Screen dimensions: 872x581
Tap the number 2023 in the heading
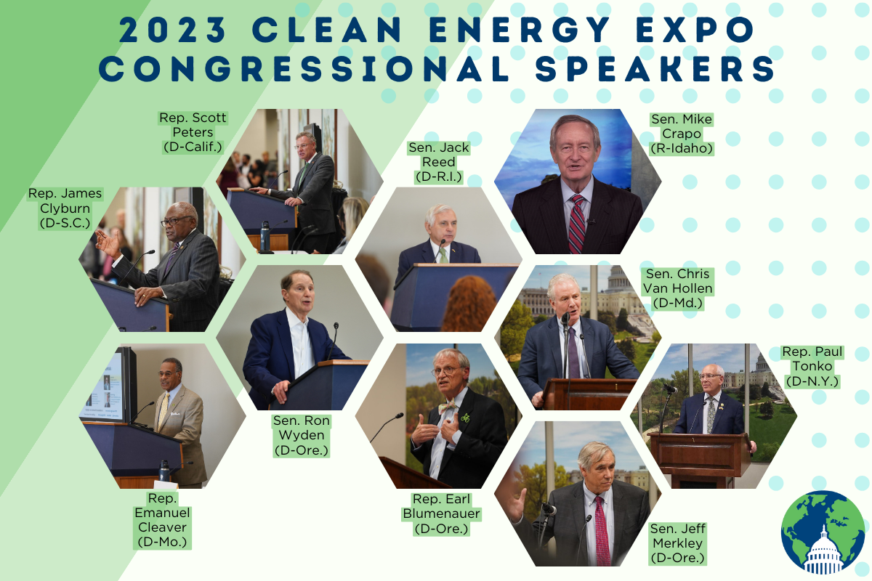coord(173,30)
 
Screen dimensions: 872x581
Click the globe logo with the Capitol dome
coord(823,532)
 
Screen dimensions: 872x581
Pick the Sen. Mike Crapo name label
coord(682,134)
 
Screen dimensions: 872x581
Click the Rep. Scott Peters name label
coord(193,132)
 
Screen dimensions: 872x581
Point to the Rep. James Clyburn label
coord(65,208)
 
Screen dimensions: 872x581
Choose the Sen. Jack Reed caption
coord(439,162)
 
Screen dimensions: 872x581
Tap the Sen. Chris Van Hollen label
coord(678,288)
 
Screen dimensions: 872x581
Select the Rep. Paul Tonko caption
coord(812,366)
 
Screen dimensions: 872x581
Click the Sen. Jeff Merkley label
coord(678,543)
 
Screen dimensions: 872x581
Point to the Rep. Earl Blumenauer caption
coord(442,513)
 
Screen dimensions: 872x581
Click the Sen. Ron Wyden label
coord(302,436)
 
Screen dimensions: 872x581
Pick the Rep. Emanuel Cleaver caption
coord(162,520)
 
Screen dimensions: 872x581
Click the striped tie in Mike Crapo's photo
coord(577,224)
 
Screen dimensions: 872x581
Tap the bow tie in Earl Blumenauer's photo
coord(448,406)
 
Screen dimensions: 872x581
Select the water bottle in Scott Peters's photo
coord(265,237)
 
